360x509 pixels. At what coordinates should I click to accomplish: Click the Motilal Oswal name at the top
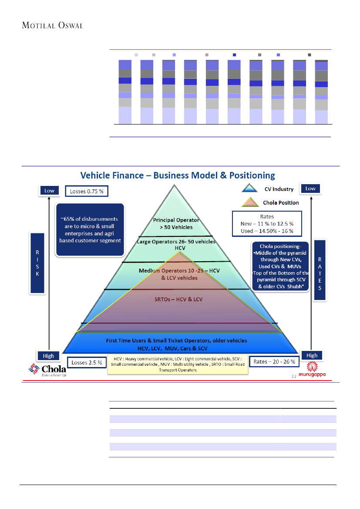pyautogui.click(x=53, y=25)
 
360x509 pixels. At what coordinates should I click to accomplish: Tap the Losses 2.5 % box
pyautogui.click(x=87, y=362)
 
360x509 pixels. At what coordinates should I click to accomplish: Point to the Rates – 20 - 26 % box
pyautogui.click(x=274, y=361)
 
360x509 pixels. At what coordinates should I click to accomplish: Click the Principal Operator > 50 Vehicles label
pyautogui.click(x=176, y=223)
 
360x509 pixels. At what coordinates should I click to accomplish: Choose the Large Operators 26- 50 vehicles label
pyautogui.click(x=176, y=244)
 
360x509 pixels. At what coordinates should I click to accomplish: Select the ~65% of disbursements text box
pyautogui.click(x=90, y=229)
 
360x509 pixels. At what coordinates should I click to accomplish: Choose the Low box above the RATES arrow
pyautogui.click(x=310, y=189)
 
